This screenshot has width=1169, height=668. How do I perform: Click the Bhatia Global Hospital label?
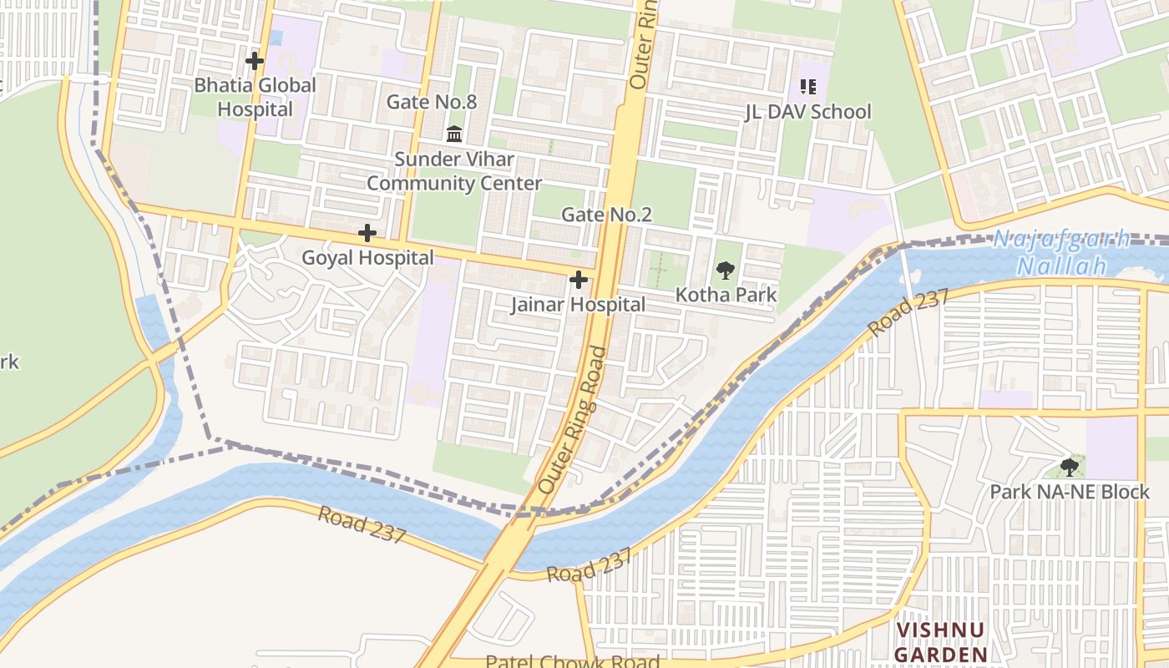click(255, 97)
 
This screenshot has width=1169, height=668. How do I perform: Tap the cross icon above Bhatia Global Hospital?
click(255, 61)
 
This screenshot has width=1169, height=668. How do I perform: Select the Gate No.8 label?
click(431, 102)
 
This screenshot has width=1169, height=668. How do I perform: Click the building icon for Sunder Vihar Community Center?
click(454, 134)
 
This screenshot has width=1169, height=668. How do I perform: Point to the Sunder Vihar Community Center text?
click(454, 171)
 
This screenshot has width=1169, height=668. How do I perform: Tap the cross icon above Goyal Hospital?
click(367, 233)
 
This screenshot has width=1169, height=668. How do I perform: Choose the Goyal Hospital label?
click(367, 258)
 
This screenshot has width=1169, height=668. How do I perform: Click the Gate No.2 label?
click(606, 215)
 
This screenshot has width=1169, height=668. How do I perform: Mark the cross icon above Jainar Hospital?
click(578, 280)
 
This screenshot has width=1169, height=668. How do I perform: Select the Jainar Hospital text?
click(578, 305)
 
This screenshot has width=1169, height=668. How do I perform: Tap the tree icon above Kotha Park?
click(726, 270)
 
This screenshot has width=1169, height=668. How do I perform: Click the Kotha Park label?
click(726, 295)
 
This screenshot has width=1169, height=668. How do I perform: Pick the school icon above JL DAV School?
click(807, 86)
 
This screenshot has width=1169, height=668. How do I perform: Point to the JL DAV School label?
click(807, 112)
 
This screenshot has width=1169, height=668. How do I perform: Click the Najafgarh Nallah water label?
click(1060, 252)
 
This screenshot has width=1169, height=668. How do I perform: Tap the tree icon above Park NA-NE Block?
click(1069, 467)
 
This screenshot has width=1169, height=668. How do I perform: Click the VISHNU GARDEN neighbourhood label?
click(940, 641)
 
